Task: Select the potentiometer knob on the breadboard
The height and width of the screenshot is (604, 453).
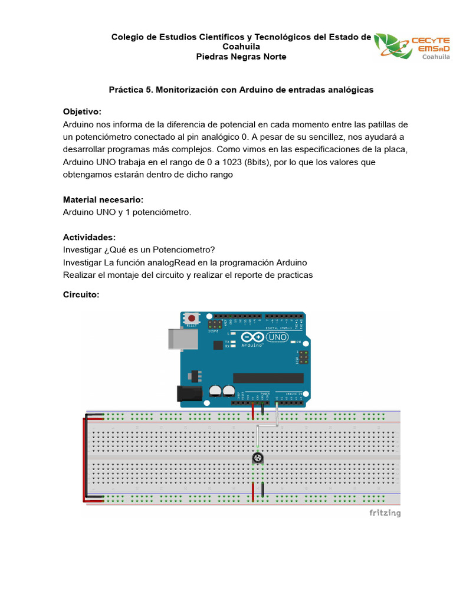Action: click(257, 458)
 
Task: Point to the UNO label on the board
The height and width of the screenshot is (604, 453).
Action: click(277, 336)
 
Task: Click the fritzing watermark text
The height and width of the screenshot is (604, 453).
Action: click(385, 513)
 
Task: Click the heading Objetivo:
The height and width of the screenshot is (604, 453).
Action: click(82, 111)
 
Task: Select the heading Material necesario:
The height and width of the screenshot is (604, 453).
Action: click(103, 199)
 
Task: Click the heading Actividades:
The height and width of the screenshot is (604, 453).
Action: click(89, 237)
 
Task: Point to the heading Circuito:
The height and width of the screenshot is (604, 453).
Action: click(81, 293)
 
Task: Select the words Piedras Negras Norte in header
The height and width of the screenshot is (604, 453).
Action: click(241, 57)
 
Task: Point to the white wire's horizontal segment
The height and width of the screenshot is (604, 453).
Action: click(267, 426)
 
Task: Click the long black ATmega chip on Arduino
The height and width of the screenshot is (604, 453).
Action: click(268, 377)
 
